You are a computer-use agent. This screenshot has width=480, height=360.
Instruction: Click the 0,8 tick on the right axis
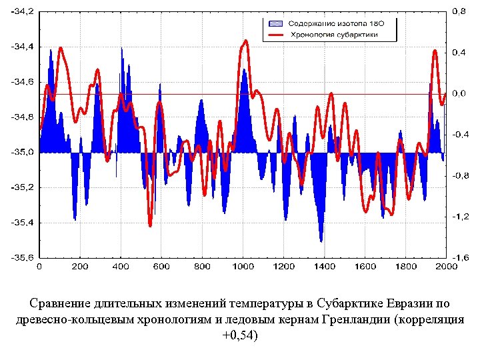(459, 11)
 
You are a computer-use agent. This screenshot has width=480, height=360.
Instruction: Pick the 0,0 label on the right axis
(459, 93)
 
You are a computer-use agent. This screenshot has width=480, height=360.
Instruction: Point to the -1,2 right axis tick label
(459, 217)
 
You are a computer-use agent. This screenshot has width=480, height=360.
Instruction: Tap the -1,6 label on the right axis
(459, 257)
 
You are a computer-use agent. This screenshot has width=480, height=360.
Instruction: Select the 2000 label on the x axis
(446, 267)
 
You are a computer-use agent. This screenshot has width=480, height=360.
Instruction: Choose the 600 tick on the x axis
(161, 267)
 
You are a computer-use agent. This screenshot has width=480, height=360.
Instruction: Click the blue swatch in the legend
(275, 23)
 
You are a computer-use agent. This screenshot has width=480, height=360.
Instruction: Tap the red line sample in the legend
(275, 33)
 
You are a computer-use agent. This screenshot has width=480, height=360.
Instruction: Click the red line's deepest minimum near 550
(151, 226)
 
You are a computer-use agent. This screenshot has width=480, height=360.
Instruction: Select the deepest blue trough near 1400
(321, 241)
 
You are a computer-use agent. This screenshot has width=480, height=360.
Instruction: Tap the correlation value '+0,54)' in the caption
(239, 334)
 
